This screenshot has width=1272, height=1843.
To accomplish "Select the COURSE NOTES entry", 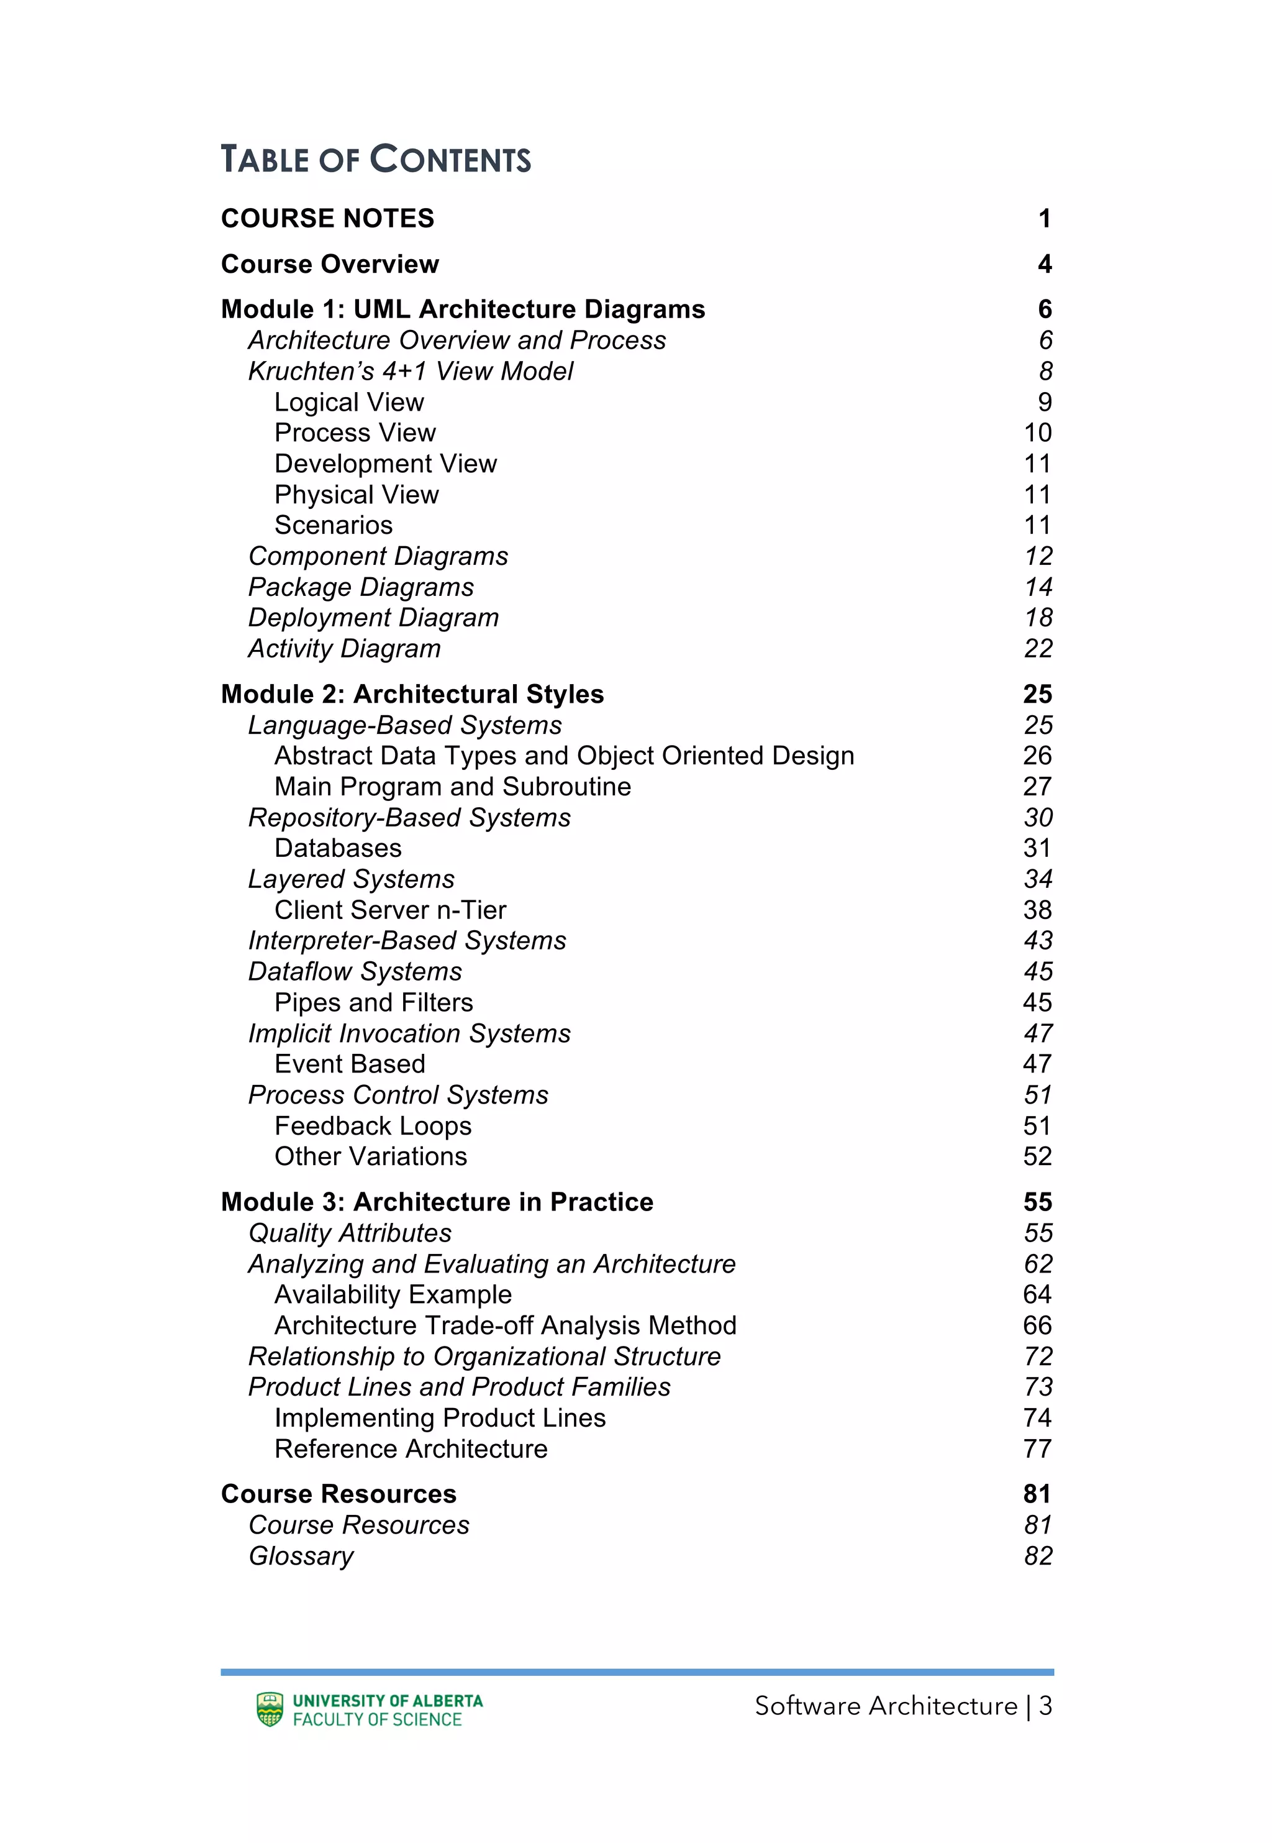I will click(x=327, y=219).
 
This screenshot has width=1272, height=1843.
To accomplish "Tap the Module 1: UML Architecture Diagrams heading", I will click(x=463, y=309).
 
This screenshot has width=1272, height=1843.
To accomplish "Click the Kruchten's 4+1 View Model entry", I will click(x=411, y=372).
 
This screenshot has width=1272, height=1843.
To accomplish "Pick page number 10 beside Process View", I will click(x=1038, y=433).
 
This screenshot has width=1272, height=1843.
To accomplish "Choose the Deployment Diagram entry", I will click(x=373, y=618).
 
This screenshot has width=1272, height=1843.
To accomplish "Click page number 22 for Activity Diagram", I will click(x=1038, y=649).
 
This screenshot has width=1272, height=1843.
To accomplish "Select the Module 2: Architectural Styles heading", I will click(x=412, y=694).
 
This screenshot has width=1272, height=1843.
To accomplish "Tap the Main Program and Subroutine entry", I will click(x=453, y=787).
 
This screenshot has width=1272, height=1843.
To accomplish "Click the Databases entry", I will click(x=338, y=848).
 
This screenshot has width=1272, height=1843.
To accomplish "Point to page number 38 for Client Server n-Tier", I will click(x=1038, y=910).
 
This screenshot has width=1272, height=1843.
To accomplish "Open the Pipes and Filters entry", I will click(x=374, y=1003).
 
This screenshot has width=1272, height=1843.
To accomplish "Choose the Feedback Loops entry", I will click(x=373, y=1127).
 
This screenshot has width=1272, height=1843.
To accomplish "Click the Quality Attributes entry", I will click(x=350, y=1233).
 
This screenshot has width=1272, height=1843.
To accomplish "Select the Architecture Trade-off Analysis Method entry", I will click(x=506, y=1325).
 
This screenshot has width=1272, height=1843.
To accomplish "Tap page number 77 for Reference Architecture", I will click(x=1038, y=1449).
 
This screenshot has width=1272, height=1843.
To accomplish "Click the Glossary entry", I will click(x=301, y=1556).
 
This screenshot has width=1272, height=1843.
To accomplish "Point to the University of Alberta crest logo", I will click(x=270, y=1710).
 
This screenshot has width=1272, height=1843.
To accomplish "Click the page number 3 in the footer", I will click(x=1045, y=1706).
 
